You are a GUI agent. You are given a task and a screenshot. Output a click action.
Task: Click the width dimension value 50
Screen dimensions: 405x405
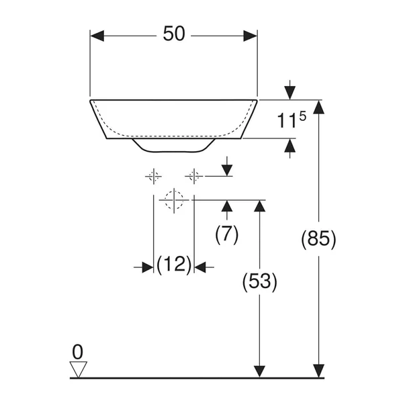(x=173, y=35)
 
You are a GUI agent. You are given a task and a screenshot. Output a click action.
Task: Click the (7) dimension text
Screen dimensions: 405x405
(x=226, y=234)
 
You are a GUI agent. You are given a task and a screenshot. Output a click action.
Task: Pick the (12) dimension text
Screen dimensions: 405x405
(x=174, y=265)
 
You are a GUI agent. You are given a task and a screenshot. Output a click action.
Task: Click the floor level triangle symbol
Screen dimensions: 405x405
(x=79, y=369)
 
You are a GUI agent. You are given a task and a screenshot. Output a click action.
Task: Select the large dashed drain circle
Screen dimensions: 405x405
(x=173, y=199)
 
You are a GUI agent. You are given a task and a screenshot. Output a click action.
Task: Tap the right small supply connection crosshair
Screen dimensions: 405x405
(x=194, y=177)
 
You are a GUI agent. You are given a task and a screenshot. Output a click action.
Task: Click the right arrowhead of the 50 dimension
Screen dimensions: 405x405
(x=251, y=35)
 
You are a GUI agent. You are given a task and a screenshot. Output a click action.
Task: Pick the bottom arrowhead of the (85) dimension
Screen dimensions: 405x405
(x=318, y=371)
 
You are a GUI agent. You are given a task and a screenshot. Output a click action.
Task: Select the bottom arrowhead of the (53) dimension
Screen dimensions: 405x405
(x=259, y=371)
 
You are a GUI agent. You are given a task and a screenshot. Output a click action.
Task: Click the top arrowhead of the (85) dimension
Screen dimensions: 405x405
(x=318, y=106)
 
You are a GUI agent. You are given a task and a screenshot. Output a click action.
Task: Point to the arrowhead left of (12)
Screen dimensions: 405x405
(x=147, y=267)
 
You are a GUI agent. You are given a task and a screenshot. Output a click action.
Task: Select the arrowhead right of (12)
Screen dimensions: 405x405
(x=200, y=267)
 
